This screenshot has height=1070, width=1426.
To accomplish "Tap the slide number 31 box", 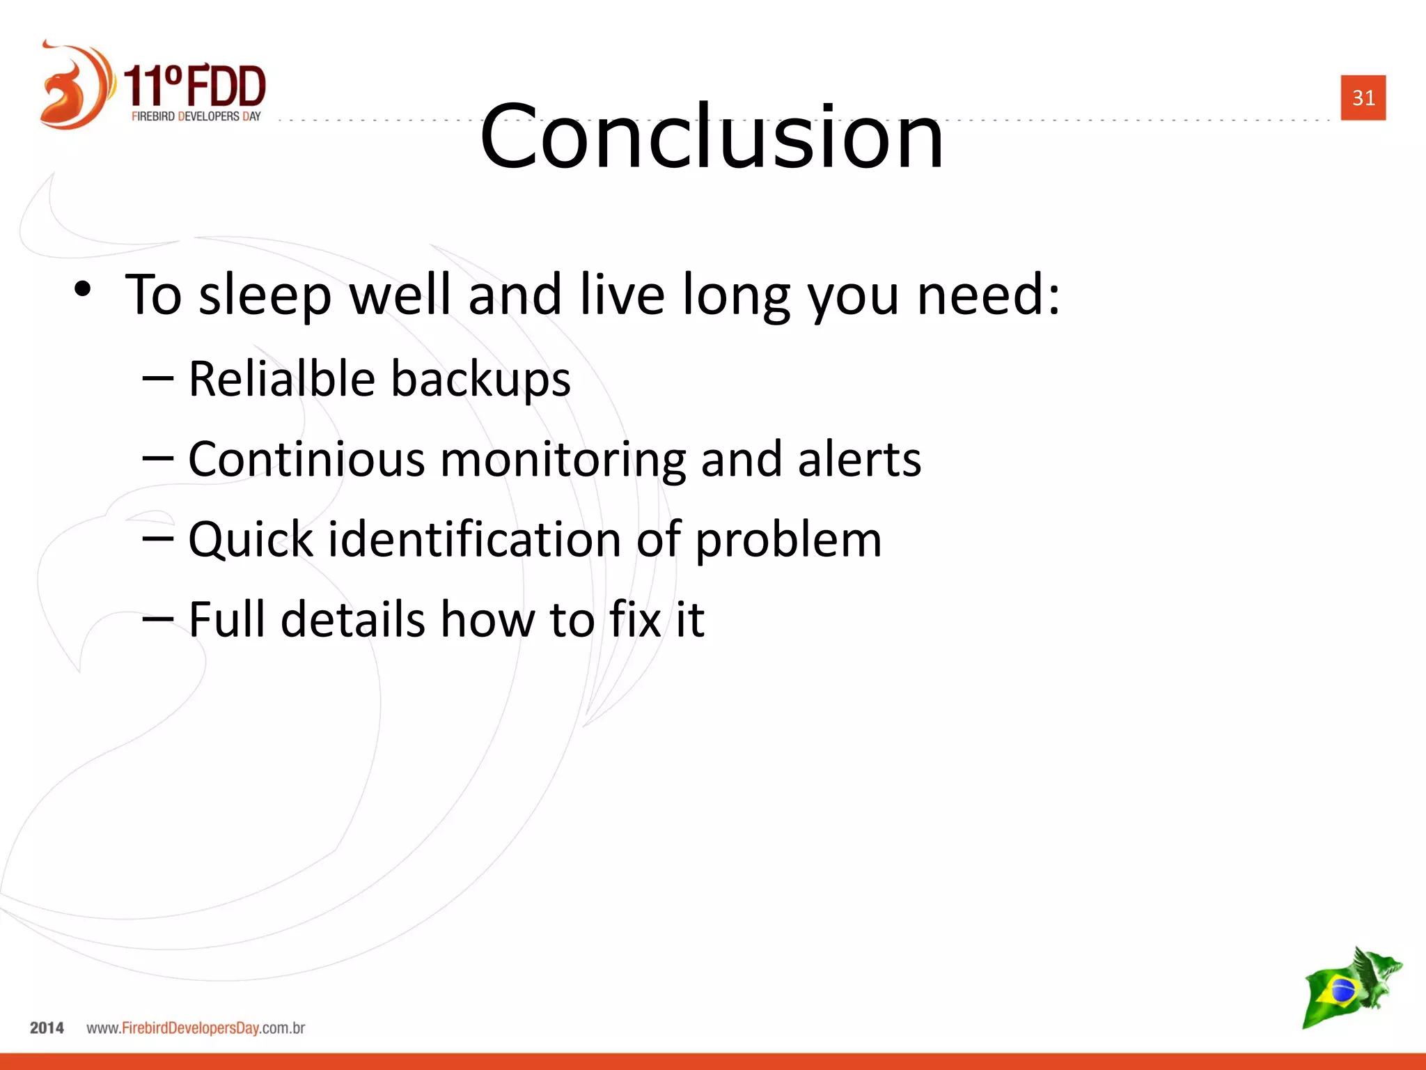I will (x=1363, y=98).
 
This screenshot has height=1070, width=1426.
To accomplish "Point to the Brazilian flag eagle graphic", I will (x=1351, y=987).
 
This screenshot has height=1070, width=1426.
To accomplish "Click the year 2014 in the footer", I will (x=47, y=1028).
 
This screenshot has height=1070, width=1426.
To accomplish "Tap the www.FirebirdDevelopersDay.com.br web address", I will (x=196, y=1028).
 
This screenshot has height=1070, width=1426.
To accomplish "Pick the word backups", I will (x=480, y=380).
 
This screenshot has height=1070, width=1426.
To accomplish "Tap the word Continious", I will (x=306, y=459).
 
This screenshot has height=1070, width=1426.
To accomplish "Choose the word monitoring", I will (x=563, y=460).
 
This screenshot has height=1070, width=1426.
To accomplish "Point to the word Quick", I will (x=251, y=540).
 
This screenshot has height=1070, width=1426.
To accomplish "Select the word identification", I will (x=474, y=540).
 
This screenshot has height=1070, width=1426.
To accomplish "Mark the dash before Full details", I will (x=157, y=618).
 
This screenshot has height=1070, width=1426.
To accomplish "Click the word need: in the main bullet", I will (x=988, y=295).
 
